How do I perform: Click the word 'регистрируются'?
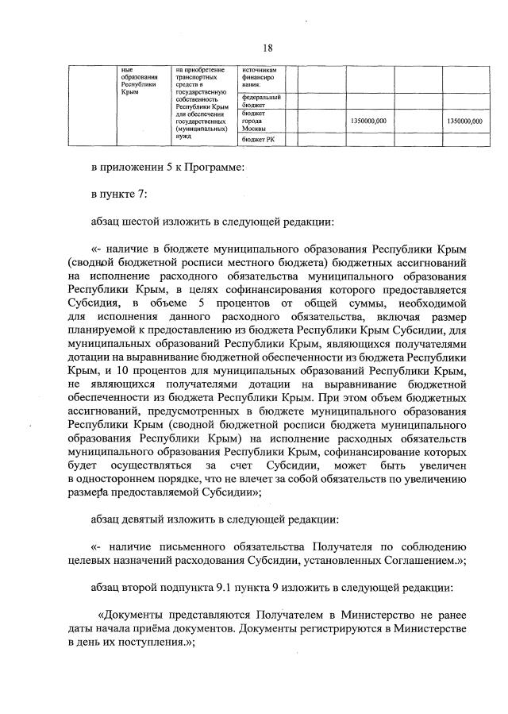pos(312,627)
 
